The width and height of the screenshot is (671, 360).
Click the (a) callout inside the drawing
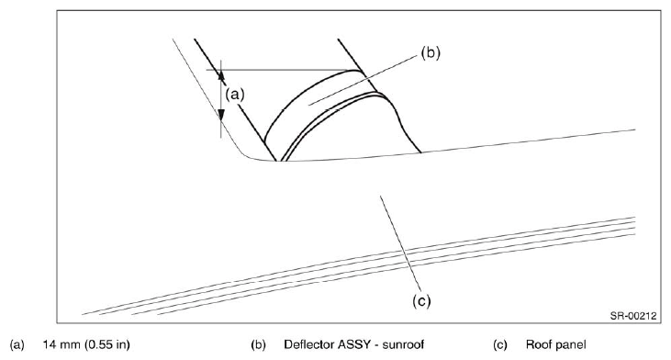pos(235,94)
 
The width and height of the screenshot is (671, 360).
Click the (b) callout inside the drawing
pos(431,52)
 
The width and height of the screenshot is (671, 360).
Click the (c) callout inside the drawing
pos(421,301)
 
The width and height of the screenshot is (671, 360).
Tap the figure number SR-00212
pos(633,316)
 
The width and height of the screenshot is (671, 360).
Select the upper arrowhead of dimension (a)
pos(221,75)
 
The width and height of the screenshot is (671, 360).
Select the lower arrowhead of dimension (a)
pos(221,115)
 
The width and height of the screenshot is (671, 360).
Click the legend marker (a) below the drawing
pos(17,344)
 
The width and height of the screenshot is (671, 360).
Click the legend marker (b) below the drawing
pos(258,344)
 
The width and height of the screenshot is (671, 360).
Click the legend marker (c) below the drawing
pos(500,344)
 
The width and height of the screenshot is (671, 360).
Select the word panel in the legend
pos(570,345)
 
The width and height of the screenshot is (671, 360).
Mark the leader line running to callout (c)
pos(400,244)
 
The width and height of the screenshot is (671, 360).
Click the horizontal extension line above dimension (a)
pos(282,70)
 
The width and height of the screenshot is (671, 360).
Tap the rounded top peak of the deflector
pos(354,70)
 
